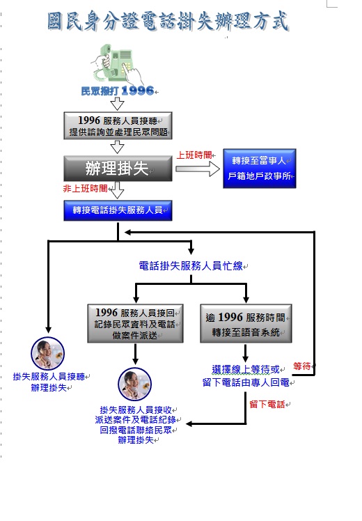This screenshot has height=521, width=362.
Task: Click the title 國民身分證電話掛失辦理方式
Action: pyautogui.click(x=168, y=21)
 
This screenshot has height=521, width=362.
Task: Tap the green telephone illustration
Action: pyautogui.click(x=117, y=65)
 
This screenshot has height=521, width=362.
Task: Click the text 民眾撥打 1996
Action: pyautogui.click(x=117, y=91)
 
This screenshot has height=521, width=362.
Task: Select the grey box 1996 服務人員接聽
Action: pyautogui.click(x=118, y=125)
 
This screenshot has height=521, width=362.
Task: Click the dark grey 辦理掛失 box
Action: pyautogui.click(x=118, y=168)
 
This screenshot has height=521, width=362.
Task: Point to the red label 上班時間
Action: pyautogui.click(x=194, y=155)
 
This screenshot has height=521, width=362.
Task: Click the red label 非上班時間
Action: pyautogui.click(x=85, y=189)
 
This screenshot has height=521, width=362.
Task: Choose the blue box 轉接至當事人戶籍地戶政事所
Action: pyautogui.click(x=260, y=169)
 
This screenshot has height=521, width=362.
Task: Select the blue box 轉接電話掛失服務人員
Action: pyautogui.click(x=118, y=210)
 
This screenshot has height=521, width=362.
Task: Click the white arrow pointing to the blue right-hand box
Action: pyautogui.click(x=198, y=169)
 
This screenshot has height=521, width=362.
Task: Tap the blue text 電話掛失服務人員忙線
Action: pyautogui.click(x=191, y=266)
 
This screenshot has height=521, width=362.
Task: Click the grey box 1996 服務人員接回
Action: pyautogui.click(x=135, y=323)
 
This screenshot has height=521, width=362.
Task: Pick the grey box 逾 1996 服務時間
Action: pyautogui.click(x=246, y=323)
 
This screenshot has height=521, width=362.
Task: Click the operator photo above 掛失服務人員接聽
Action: pyautogui.click(x=48, y=353)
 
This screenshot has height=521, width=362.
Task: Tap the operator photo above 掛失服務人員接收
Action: pyautogui.click(x=135, y=384)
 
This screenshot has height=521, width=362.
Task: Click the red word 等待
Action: pyautogui.click(x=302, y=366)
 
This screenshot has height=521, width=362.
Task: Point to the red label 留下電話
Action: pyautogui.click(x=267, y=405)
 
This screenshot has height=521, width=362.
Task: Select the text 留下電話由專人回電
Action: pyautogui.click(x=246, y=382)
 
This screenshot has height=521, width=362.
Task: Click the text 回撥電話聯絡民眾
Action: pyautogui.click(x=136, y=430)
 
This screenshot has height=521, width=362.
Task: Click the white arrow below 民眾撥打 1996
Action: pyautogui.click(x=117, y=103)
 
